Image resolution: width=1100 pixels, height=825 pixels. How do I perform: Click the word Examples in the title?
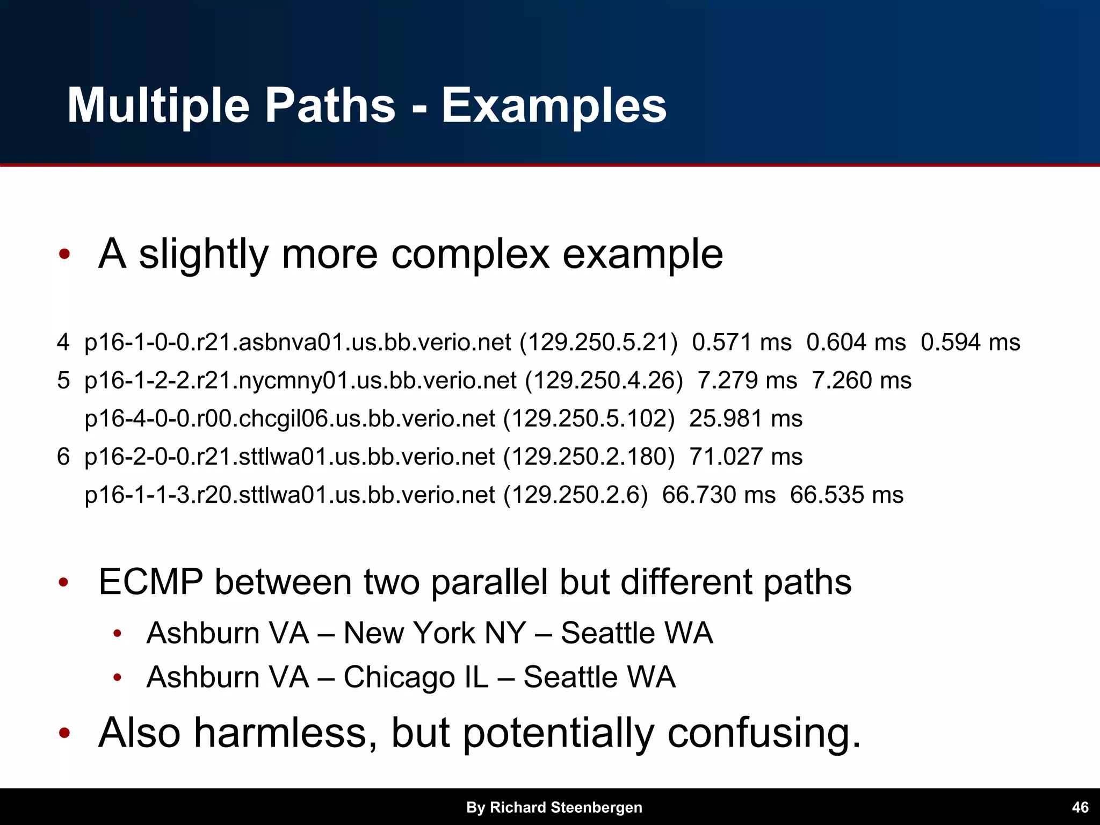click(554, 106)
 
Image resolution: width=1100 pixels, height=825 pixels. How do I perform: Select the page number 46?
click(1080, 807)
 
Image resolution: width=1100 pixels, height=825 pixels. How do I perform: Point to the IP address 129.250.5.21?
click(598, 343)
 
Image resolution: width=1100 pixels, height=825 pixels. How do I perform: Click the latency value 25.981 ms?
click(746, 419)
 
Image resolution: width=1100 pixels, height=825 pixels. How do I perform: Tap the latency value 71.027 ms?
click(746, 457)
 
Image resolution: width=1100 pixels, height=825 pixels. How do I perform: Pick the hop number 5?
click(63, 381)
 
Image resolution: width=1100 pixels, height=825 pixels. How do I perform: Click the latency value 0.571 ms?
click(742, 343)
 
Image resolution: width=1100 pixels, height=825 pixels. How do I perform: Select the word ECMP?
click(151, 582)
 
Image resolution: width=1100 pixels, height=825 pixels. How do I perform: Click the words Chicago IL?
click(416, 677)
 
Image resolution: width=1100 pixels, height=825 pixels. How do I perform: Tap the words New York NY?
click(434, 633)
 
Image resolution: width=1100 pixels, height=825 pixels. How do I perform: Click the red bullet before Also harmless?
click(64, 734)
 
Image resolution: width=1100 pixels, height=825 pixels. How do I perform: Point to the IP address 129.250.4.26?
click(604, 381)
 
